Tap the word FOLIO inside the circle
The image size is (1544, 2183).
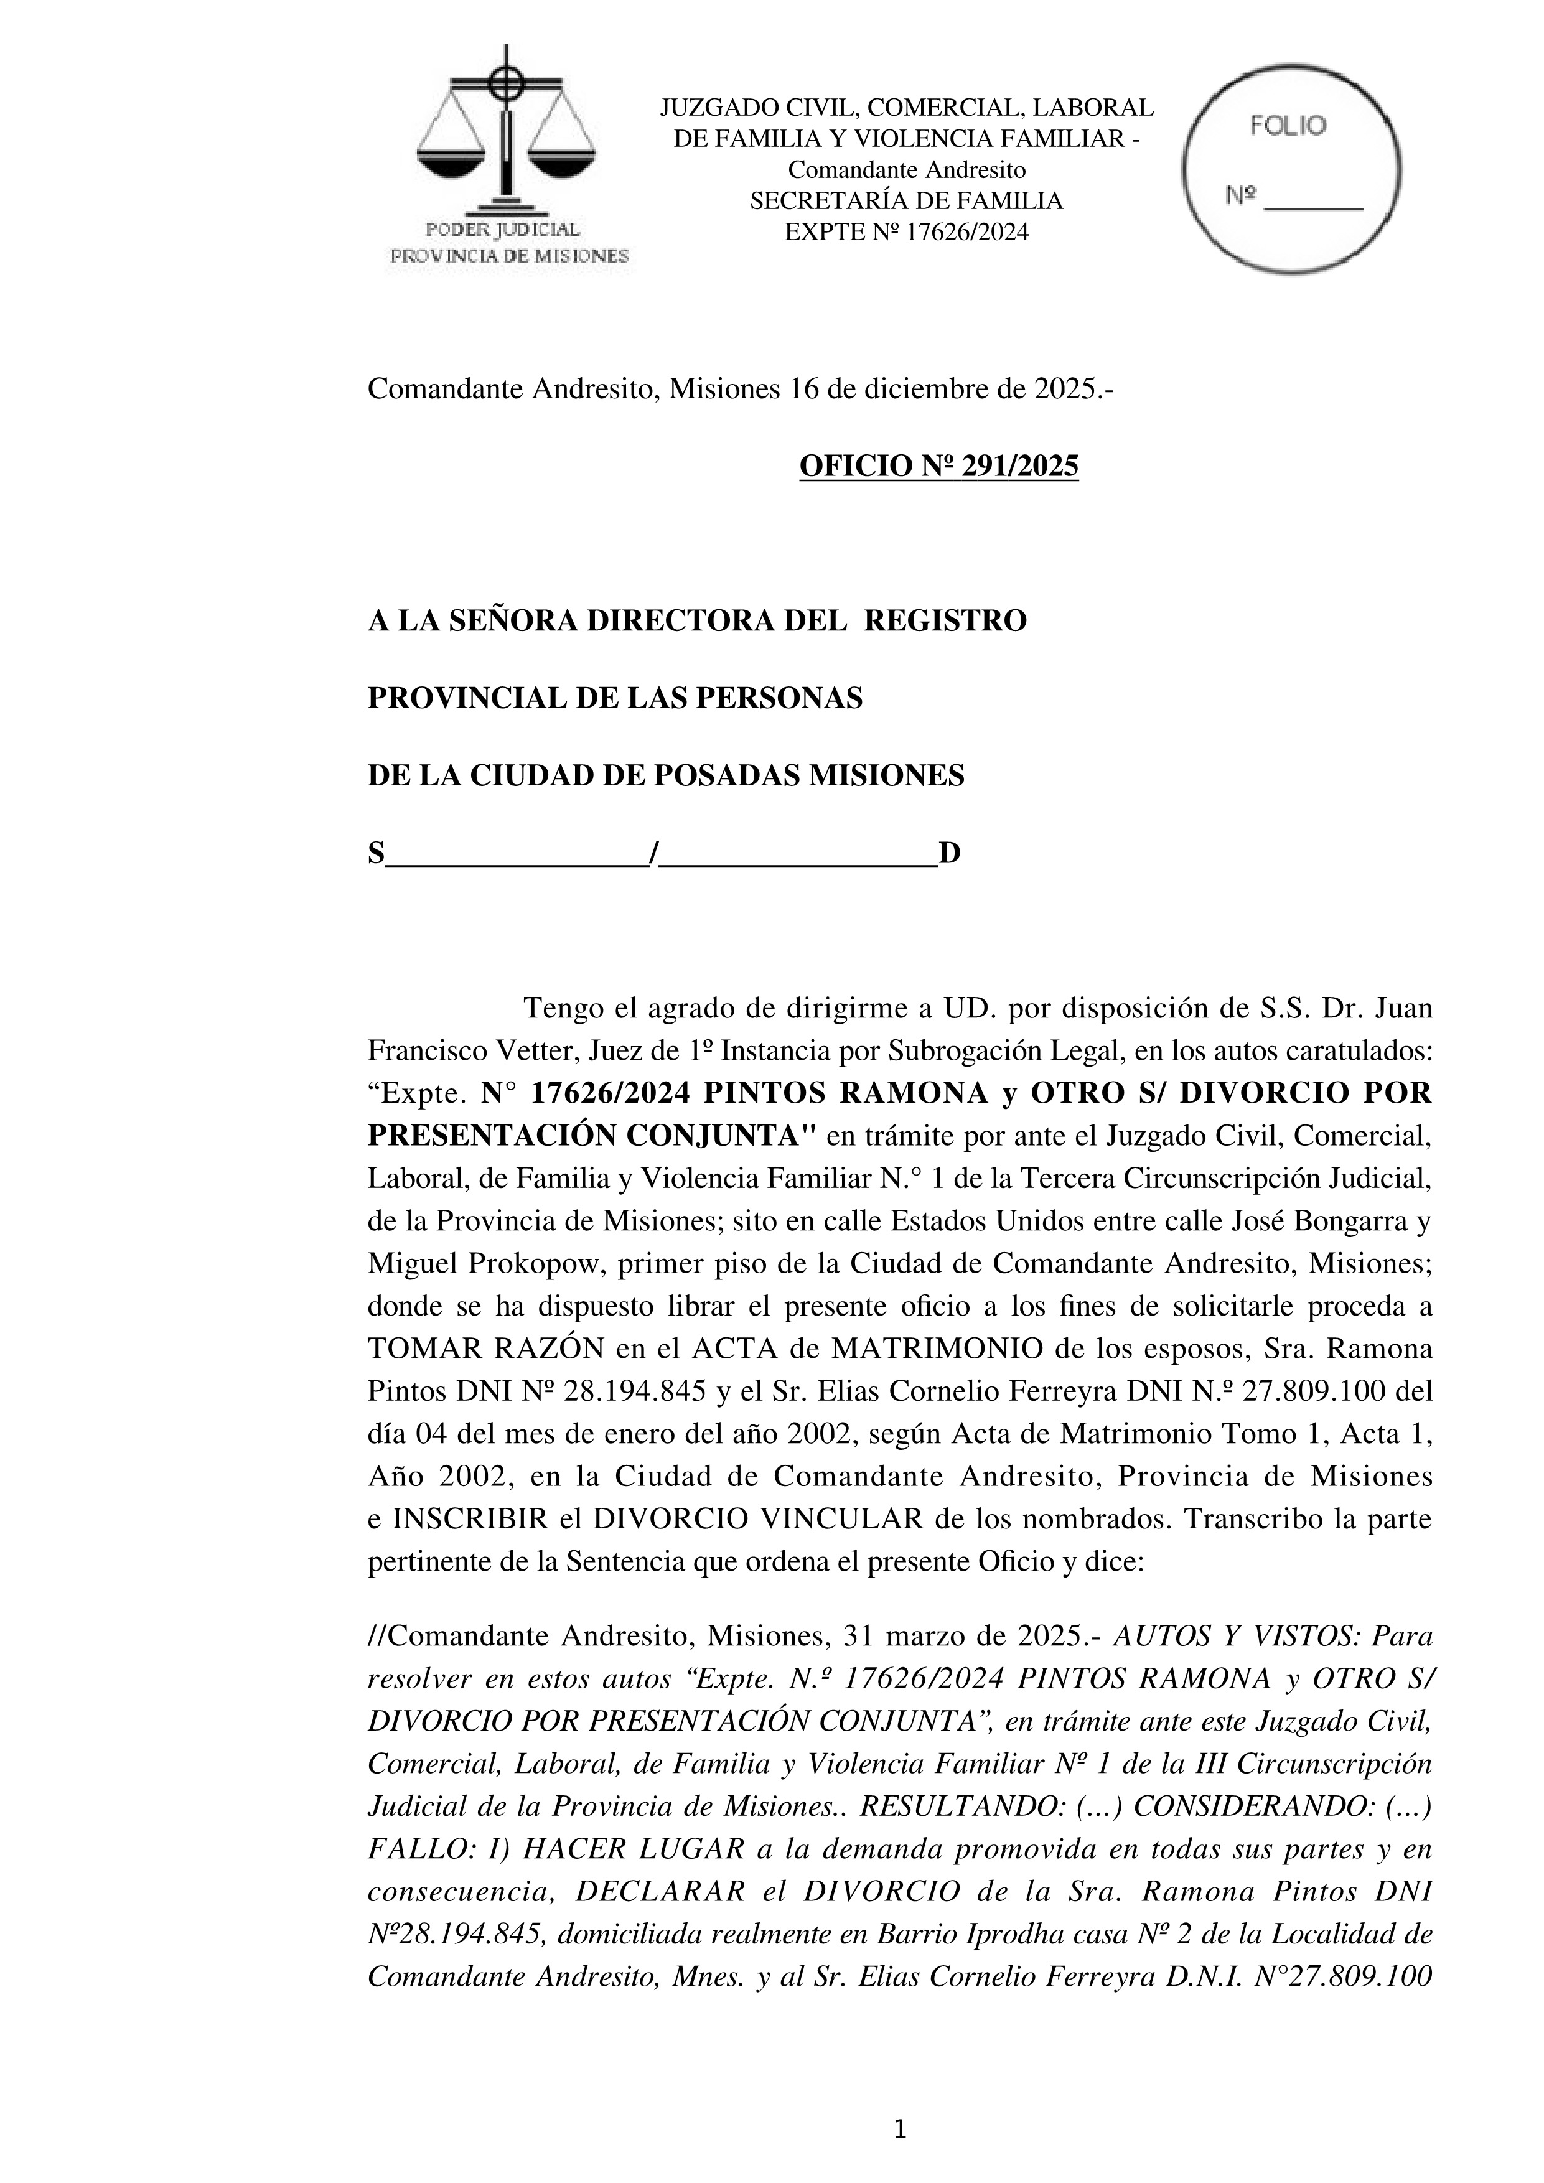pos(1288,126)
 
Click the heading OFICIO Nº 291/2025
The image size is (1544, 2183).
pos(938,466)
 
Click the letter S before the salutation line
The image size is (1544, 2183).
pos(377,854)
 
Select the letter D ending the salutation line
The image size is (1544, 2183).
pos(949,854)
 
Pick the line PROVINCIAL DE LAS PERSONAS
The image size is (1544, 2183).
pos(614,699)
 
